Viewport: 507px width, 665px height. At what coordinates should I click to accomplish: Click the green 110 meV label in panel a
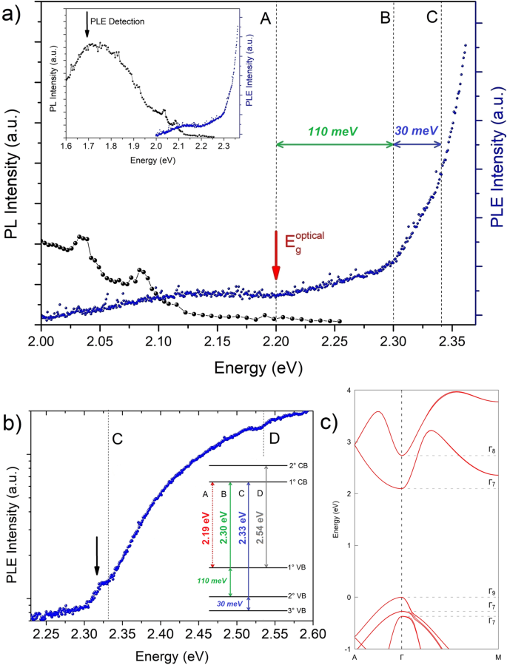click(x=335, y=130)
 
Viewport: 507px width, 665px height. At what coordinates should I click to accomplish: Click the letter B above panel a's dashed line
click(x=385, y=18)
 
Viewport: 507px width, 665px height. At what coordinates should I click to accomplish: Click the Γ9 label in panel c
click(x=491, y=591)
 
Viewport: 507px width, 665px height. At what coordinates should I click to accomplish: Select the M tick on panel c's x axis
click(x=497, y=658)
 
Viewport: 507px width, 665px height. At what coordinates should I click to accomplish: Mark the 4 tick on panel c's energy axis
click(x=348, y=390)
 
